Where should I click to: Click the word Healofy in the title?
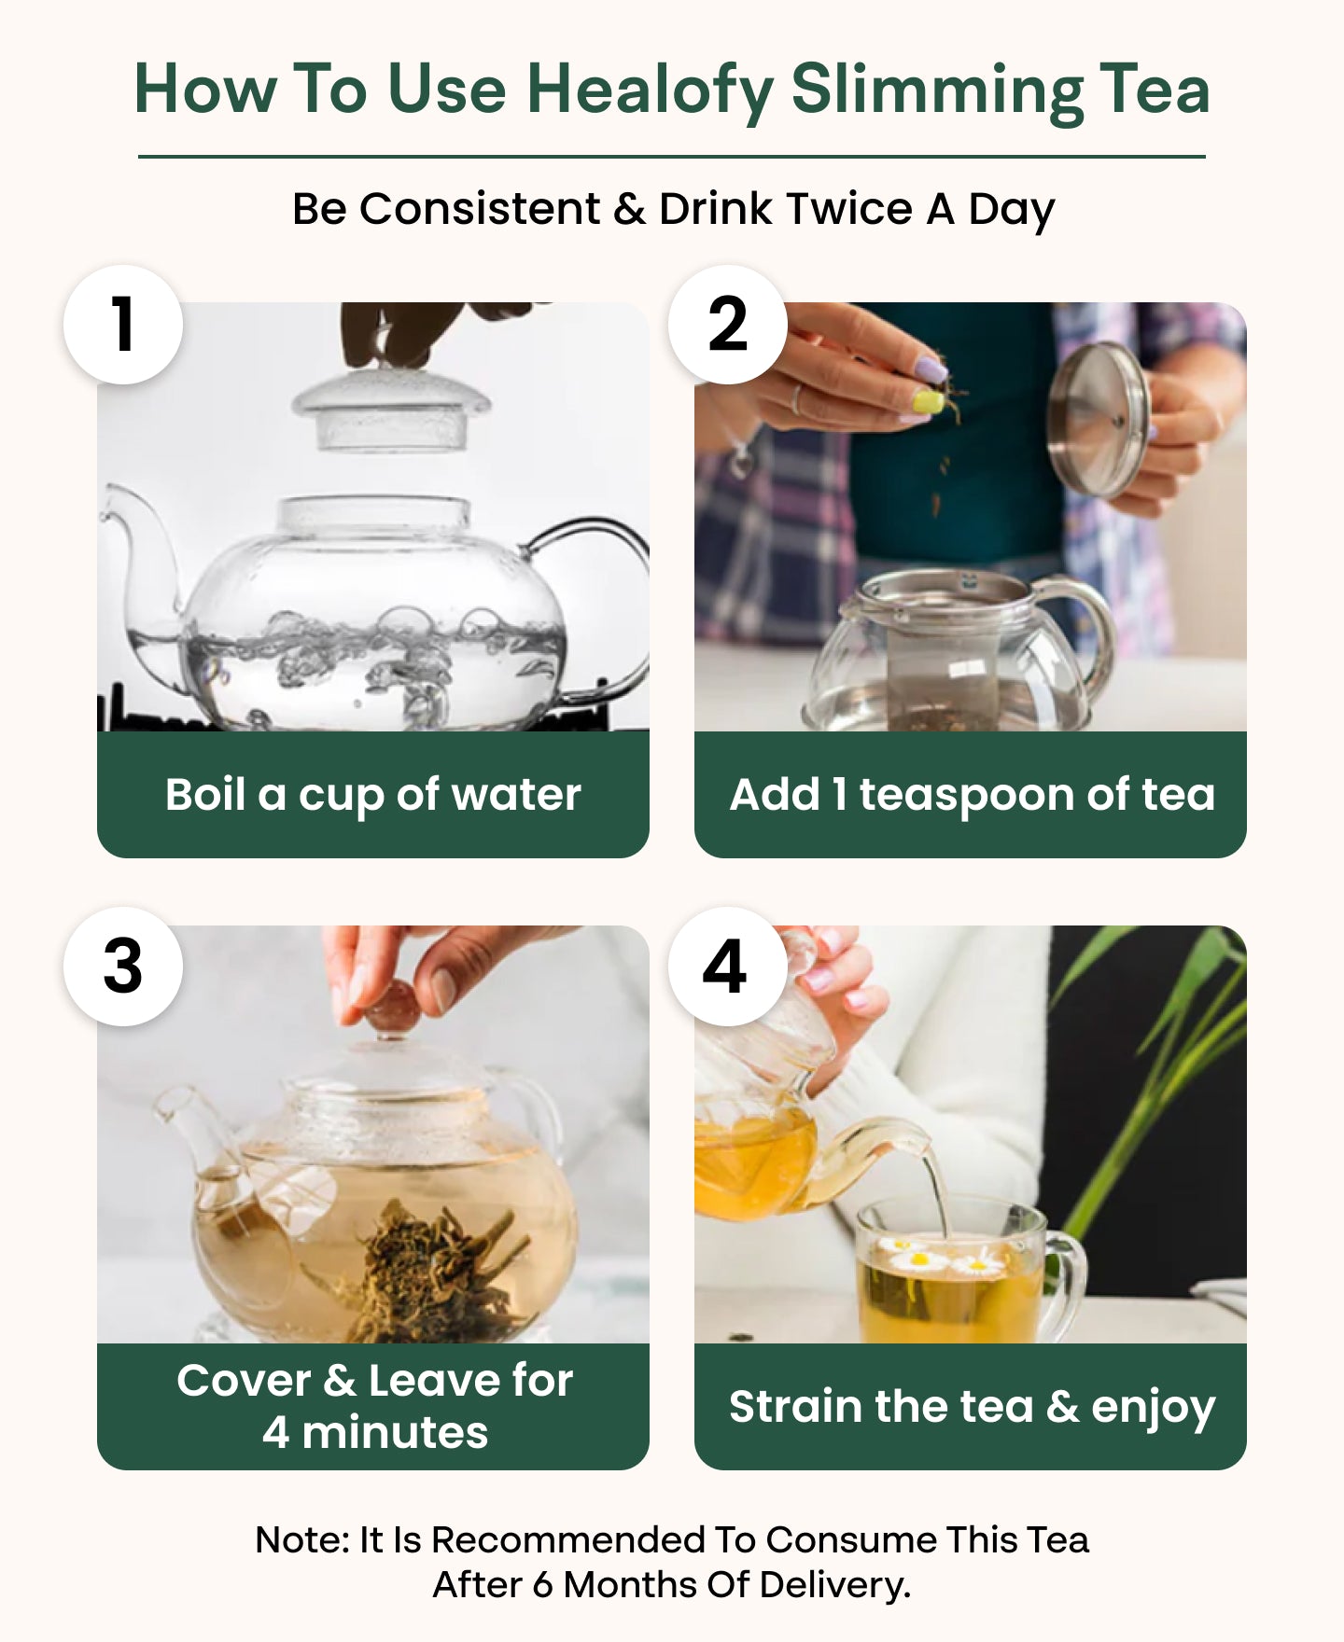650,91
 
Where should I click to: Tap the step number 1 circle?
123,325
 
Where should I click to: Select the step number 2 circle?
728,325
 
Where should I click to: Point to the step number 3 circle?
123,967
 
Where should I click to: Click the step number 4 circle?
728,967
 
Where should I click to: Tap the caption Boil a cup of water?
373,796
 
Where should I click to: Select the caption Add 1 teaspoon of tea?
973,796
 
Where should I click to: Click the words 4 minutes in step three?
375,1432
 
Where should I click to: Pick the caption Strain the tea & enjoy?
973,1408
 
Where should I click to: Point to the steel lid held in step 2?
1098,419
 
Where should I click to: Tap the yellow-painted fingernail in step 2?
928,403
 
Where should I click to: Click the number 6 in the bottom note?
543,1585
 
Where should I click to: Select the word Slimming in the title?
937,91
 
